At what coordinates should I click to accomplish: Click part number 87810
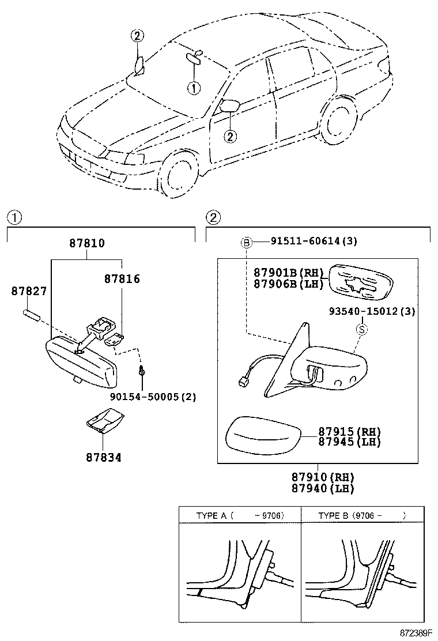coord(87,244)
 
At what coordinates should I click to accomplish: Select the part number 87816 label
coord(122,279)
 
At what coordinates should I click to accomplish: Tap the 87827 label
coord(28,292)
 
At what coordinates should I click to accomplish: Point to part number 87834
coord(104,458)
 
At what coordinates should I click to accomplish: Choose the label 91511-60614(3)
coord(314,242)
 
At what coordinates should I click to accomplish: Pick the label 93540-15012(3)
coord(372,311)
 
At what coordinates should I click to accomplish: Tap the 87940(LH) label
coord(322,488)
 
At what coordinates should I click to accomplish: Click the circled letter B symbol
coord(246,243)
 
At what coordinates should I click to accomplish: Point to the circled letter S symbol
coord(361,329)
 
